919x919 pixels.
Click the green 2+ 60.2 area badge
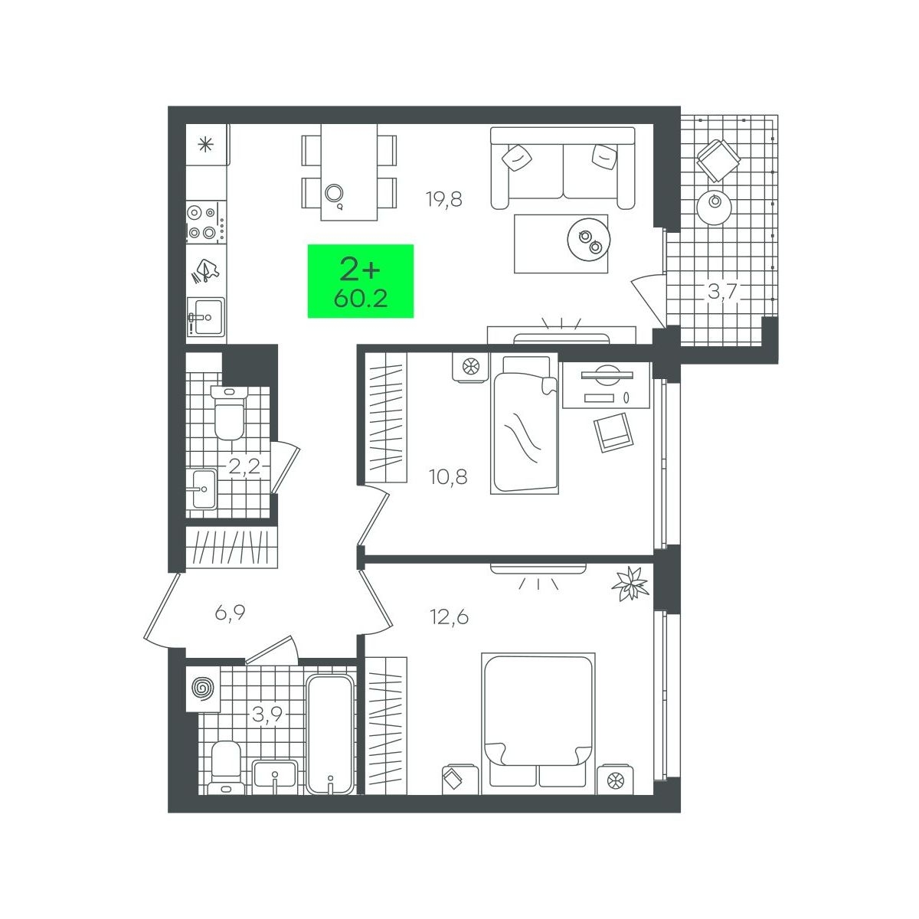(x=361, y=281)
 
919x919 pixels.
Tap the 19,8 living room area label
(x=444, y=199)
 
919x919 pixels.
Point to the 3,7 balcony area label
(x=723, y=290)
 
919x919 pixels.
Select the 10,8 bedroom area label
(x=448, y=476)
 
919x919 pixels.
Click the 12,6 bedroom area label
(x=450, y=617)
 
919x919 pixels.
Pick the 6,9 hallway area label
(x=230, y=613)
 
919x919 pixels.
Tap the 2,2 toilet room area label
(x=244, y=466)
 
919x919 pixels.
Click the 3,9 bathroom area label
(x=267, y=714)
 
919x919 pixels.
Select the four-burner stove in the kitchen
(x=205, y=222)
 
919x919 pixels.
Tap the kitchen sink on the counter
(x=205, y=316)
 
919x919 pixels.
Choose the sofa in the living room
(x=563, y=168)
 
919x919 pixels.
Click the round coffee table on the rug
(x=589, y=240)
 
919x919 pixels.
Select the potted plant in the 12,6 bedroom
(x=630, y=584)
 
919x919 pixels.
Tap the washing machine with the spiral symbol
(x=203, y=689)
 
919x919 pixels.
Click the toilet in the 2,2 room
(x=230, y=412)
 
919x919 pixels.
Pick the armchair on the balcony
(x=718, y=160)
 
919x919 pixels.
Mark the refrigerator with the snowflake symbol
(x=207, y=145)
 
